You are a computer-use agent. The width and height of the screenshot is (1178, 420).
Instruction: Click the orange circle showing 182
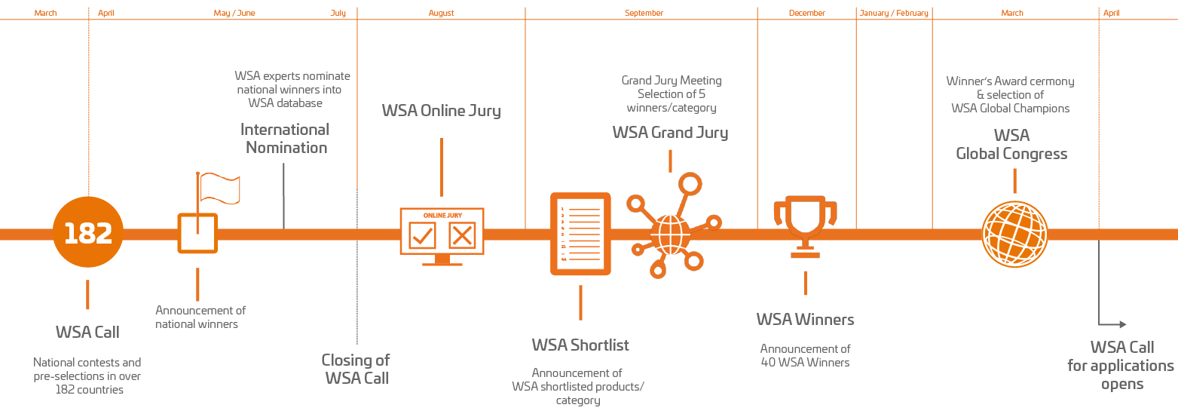pos(88,232)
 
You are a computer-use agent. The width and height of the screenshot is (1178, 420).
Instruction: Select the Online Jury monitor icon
pos(442,236)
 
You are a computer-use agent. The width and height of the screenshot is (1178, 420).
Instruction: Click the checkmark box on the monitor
pos(422,235)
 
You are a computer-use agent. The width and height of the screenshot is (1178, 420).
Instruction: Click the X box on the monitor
pos(462,235)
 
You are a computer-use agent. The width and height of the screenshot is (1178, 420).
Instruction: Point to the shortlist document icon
pos(580,234)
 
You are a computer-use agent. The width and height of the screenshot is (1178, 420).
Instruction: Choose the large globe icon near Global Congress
pos(1014,235)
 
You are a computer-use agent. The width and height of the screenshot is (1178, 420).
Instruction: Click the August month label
pos(441,13)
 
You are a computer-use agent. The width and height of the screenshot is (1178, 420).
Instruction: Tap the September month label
pos(644,13)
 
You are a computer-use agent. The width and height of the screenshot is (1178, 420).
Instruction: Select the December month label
pos(806,13)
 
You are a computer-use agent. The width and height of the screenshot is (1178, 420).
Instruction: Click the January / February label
pos(894,13)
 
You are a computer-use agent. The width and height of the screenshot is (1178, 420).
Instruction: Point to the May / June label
pos(234,13)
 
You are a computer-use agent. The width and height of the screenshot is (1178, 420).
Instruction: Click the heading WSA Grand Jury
pos(670,132)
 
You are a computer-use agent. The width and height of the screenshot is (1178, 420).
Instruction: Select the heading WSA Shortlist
pos(580,345)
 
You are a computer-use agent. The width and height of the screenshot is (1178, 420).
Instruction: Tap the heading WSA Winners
pos(805,320)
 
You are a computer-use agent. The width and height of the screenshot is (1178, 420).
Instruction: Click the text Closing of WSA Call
pos(356,369)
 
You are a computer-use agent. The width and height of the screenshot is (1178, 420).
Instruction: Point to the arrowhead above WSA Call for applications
pos(1123,324)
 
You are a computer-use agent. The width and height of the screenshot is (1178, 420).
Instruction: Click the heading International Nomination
pos(285,139)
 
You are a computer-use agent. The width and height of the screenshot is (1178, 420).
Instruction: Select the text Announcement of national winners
pos(200,317)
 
